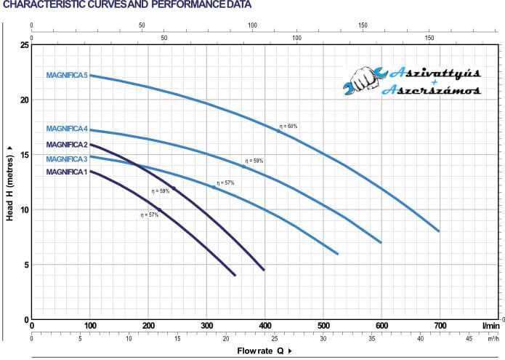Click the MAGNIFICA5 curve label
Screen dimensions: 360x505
67,75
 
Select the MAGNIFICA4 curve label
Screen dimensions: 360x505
67,129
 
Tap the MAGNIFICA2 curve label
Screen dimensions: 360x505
67,145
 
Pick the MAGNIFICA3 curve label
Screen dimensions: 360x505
67,159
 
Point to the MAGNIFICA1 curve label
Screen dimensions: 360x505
67,172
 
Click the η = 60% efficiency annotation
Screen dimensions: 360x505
288,127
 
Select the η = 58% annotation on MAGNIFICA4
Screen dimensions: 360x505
254,161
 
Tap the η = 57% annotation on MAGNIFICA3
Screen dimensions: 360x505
225,183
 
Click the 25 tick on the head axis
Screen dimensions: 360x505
25,45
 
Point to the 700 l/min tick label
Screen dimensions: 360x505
440,324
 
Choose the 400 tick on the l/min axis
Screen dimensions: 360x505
264,324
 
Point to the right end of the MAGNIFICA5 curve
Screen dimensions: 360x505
439,231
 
